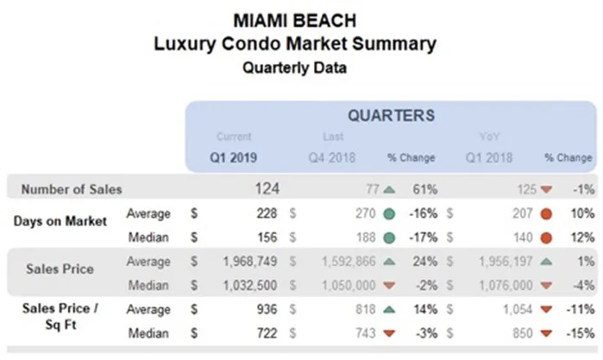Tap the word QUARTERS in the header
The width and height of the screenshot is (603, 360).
tap(391, 115)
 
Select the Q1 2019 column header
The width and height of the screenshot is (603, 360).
tap(235, 158)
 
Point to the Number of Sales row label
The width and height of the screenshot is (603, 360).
tap(72, 188)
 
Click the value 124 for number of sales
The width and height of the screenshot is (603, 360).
tap(267, 188)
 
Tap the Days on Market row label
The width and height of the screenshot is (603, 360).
tap(60, 221)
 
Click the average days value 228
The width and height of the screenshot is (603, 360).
tap(267, 212)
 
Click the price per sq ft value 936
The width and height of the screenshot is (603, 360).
tap(267, 307)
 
